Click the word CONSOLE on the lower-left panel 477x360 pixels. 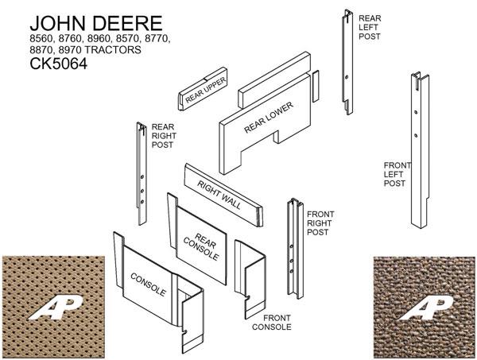(149, 283)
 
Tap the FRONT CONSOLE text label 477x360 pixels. (272, 321)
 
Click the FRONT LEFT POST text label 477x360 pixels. (397, 174)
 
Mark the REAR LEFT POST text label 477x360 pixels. (370, 27)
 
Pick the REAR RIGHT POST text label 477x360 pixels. (164, 136)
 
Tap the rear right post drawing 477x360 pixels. (141, 175)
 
